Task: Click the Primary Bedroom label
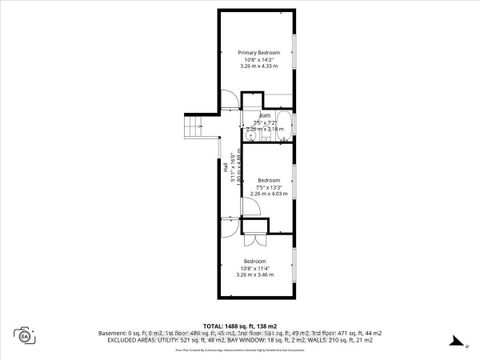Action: pyautogui.click(x=258, y=52)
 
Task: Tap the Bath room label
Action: pyautogui.click(x=265, y=115)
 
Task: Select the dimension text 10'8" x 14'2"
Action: pyautogui.click(x=258, y=59)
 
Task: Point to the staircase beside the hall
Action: pyautogui.click(x=194, y=126)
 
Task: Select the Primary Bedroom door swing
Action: pyautogui.click(x=229, y=99)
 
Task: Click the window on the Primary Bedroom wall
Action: pyautogui.click(x=294, y=49)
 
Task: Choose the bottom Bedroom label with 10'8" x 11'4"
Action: pyautogui.click(x=255, y=261)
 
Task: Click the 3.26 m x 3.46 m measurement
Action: pyautogui.click(x=255, y=274)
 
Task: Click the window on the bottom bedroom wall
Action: pyautogui.click(x=294, y=264)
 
